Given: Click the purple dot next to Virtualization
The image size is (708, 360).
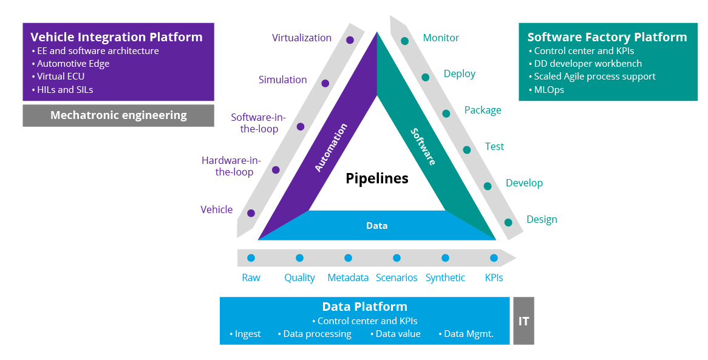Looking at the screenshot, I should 350,40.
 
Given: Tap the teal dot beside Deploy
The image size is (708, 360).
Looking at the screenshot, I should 426,77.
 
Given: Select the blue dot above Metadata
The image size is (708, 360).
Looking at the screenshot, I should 348,258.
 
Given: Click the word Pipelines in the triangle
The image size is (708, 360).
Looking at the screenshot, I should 377,178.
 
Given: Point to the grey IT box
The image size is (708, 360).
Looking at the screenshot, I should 523,321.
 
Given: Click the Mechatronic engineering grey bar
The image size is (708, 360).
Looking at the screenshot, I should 118,115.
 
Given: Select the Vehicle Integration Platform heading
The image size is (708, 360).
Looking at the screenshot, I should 117,37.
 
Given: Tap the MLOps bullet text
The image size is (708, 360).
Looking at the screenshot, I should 549,89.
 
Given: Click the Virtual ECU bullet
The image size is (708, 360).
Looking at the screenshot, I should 61,76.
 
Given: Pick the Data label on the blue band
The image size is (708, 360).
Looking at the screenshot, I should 377,225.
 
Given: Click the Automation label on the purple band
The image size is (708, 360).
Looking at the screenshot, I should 331,148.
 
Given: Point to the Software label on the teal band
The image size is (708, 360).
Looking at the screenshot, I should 423,146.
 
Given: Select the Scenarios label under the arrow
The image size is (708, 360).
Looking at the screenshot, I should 397,277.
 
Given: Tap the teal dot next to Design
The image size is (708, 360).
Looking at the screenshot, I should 508,223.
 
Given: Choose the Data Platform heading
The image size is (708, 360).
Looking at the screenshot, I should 364,307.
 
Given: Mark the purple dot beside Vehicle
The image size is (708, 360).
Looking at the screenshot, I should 251,213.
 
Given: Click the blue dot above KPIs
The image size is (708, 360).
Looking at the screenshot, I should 494,258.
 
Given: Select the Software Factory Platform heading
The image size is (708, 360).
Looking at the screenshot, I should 607,37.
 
